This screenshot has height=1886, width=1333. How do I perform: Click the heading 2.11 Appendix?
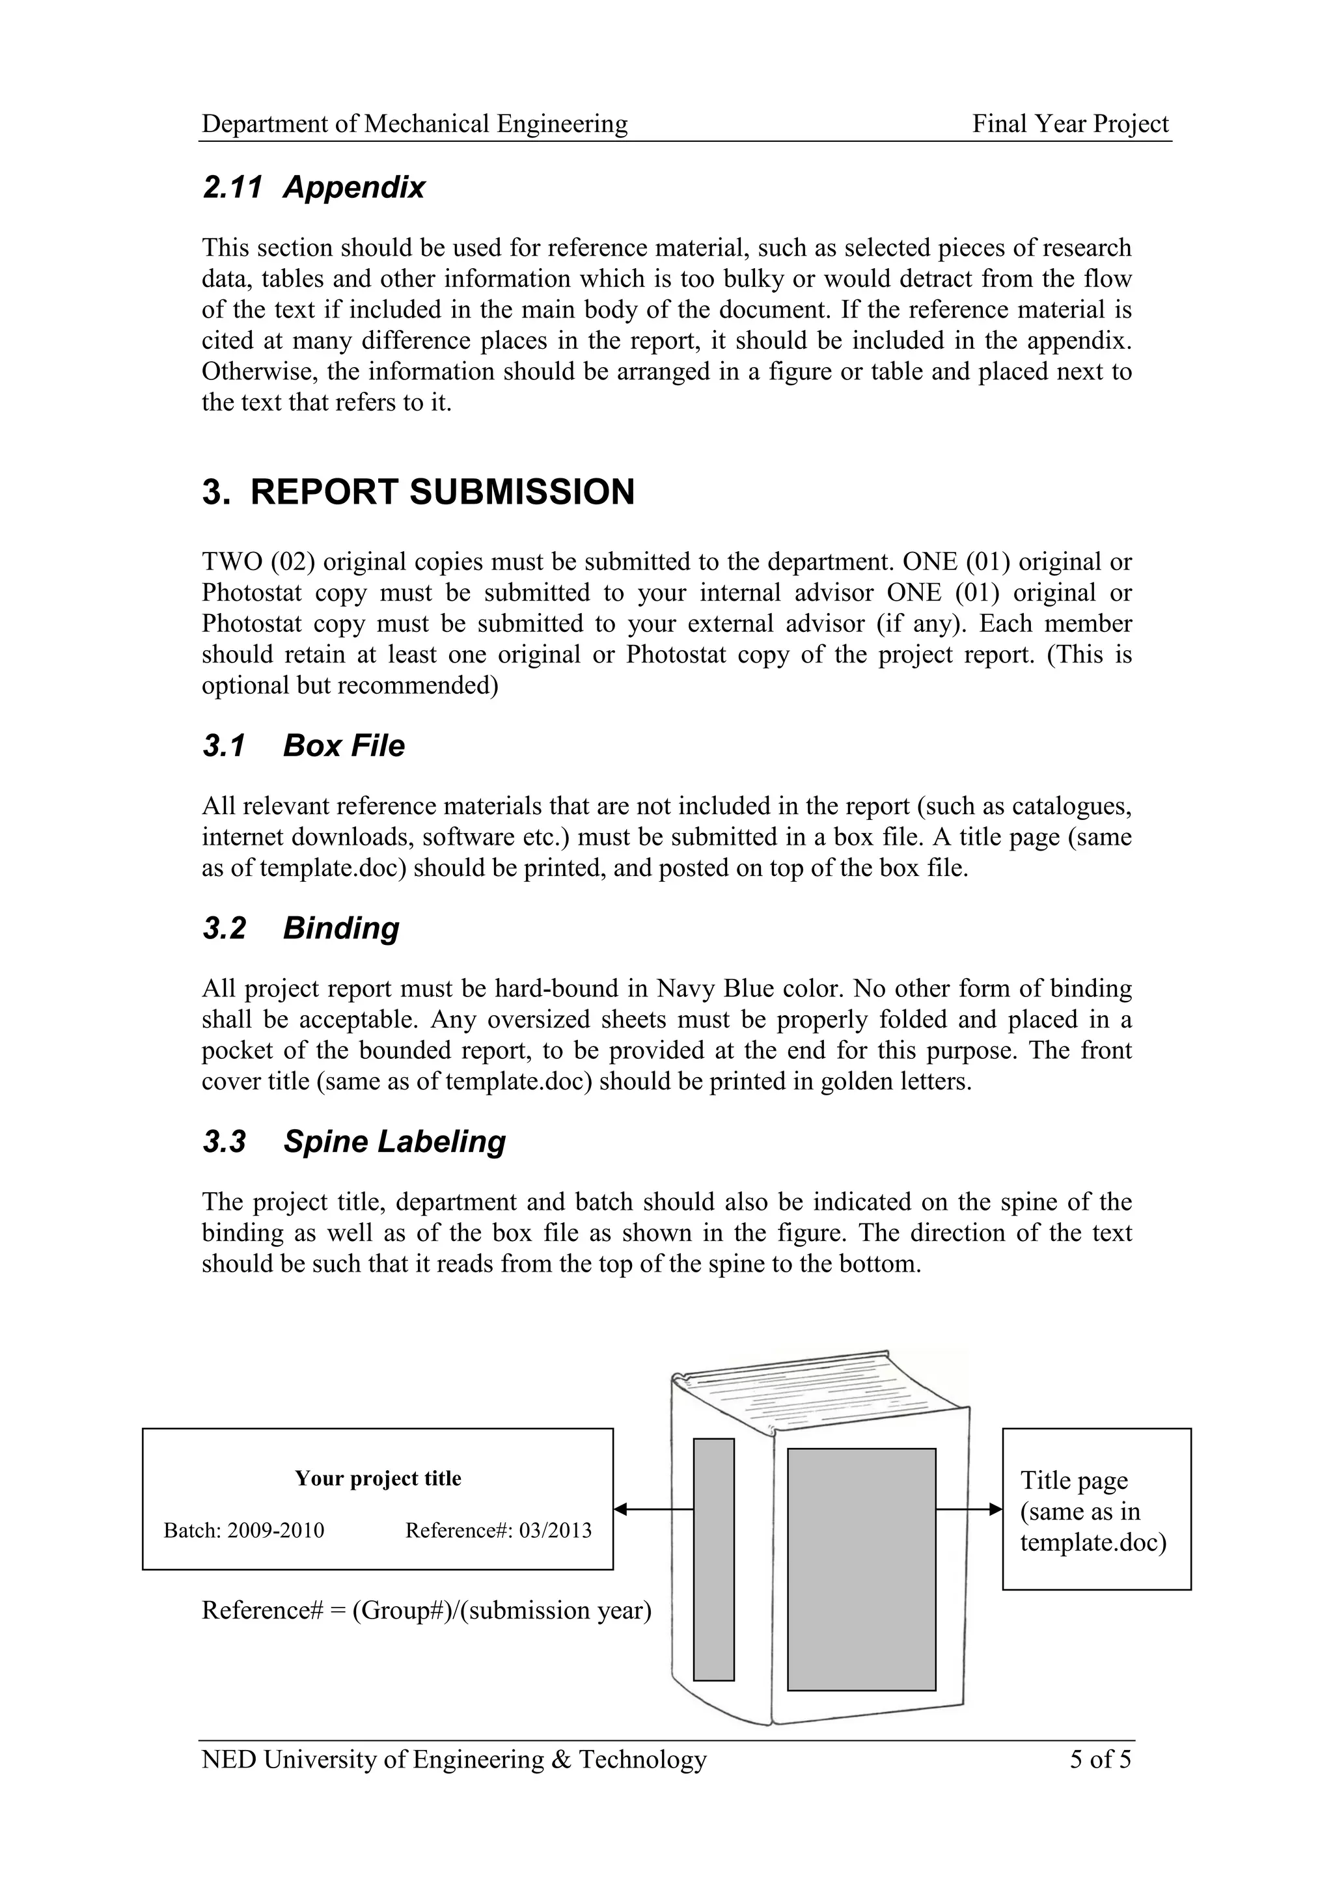coord(313,187)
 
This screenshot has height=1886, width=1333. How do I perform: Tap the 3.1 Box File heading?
coord(303,746)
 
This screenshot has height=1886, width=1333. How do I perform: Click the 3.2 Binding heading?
coord(301,928)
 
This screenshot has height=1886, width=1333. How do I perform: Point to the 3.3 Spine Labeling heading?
coord(354,1141)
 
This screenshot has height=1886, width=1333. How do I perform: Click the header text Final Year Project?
coord(1070,124)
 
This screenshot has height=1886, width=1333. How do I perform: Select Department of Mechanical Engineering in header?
coord(415,124)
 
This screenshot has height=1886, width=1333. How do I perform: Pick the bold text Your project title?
coord(378,1479)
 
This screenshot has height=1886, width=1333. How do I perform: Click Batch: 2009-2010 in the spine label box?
coord(244,1530)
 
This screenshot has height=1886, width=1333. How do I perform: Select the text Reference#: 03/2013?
coord(499,1530)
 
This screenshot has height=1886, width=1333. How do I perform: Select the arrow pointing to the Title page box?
coord(969,1509)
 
